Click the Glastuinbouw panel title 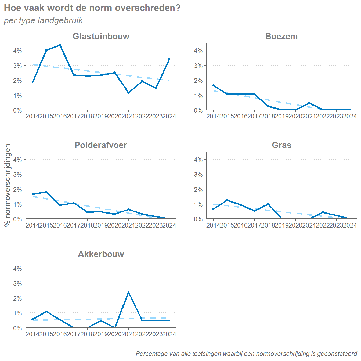coord(101,36)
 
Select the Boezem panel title coord(281,36)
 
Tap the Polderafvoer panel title coord(101,145)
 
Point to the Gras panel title coord(281,145)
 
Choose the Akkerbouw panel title coord(101,254)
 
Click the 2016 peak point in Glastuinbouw coord(60,45)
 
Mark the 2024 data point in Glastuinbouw coord(169,59)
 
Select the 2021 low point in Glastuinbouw coord(128,93)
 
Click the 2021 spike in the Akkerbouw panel coord(128,292)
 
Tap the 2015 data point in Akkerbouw coord(46,311)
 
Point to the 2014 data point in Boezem coord(213,85)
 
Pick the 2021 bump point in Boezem coord(309,103)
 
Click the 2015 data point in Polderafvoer coord(46,192)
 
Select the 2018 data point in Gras coord(268,204)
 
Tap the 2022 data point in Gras coord(323,212)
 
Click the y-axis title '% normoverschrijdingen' coord(8,185)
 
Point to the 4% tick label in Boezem coord(198,50)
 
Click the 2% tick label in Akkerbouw coord(17,298)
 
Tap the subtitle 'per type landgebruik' coord(43,21)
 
